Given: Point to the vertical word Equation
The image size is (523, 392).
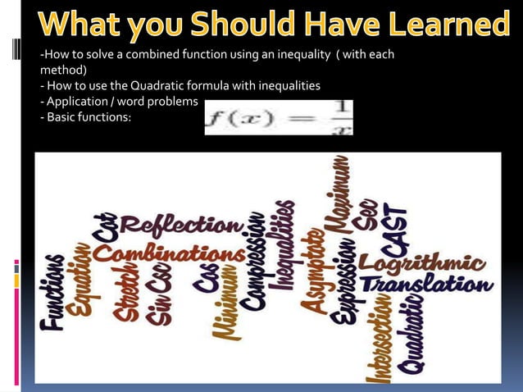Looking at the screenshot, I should [x=80, y=278].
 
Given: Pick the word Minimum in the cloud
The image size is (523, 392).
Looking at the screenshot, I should [x=222, y=308].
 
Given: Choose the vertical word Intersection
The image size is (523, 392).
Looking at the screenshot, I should [x=380, y=340].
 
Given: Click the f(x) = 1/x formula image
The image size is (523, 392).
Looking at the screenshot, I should [x=279, y=116].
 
